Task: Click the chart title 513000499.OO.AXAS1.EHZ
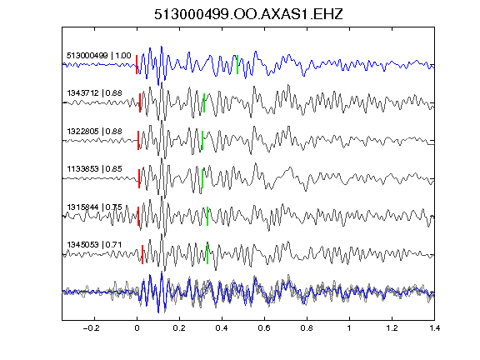(248, 14)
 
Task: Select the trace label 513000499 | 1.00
(99, 56)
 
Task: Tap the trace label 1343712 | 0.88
(95, 93)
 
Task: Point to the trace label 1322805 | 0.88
(95, 132)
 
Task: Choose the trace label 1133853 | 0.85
(95, 169)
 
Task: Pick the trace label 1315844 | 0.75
(95, 207)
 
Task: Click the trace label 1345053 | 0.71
(94, 245)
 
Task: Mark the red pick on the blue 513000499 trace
(137, 65)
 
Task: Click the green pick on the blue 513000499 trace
(237, 65)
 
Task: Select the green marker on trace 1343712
(204, 102)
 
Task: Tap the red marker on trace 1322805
(138, 141)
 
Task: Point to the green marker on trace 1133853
(202, 178)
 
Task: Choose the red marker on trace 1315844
(138, 217)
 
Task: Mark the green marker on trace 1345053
(207, 254)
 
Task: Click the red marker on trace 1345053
(142, 254)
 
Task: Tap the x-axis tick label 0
(137, 328)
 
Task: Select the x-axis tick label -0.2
(92, 328)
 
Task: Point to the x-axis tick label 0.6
(264, 328)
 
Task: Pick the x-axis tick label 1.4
(434, 328)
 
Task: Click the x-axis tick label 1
(349, 328)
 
